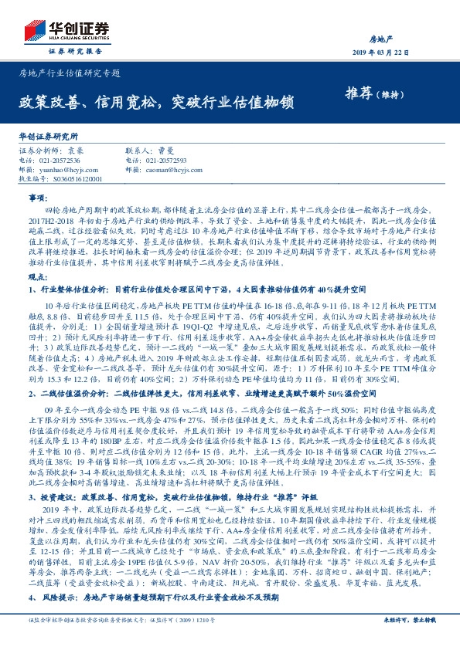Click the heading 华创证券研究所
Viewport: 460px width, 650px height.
point(49,135)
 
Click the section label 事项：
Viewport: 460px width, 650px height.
point(37,198)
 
